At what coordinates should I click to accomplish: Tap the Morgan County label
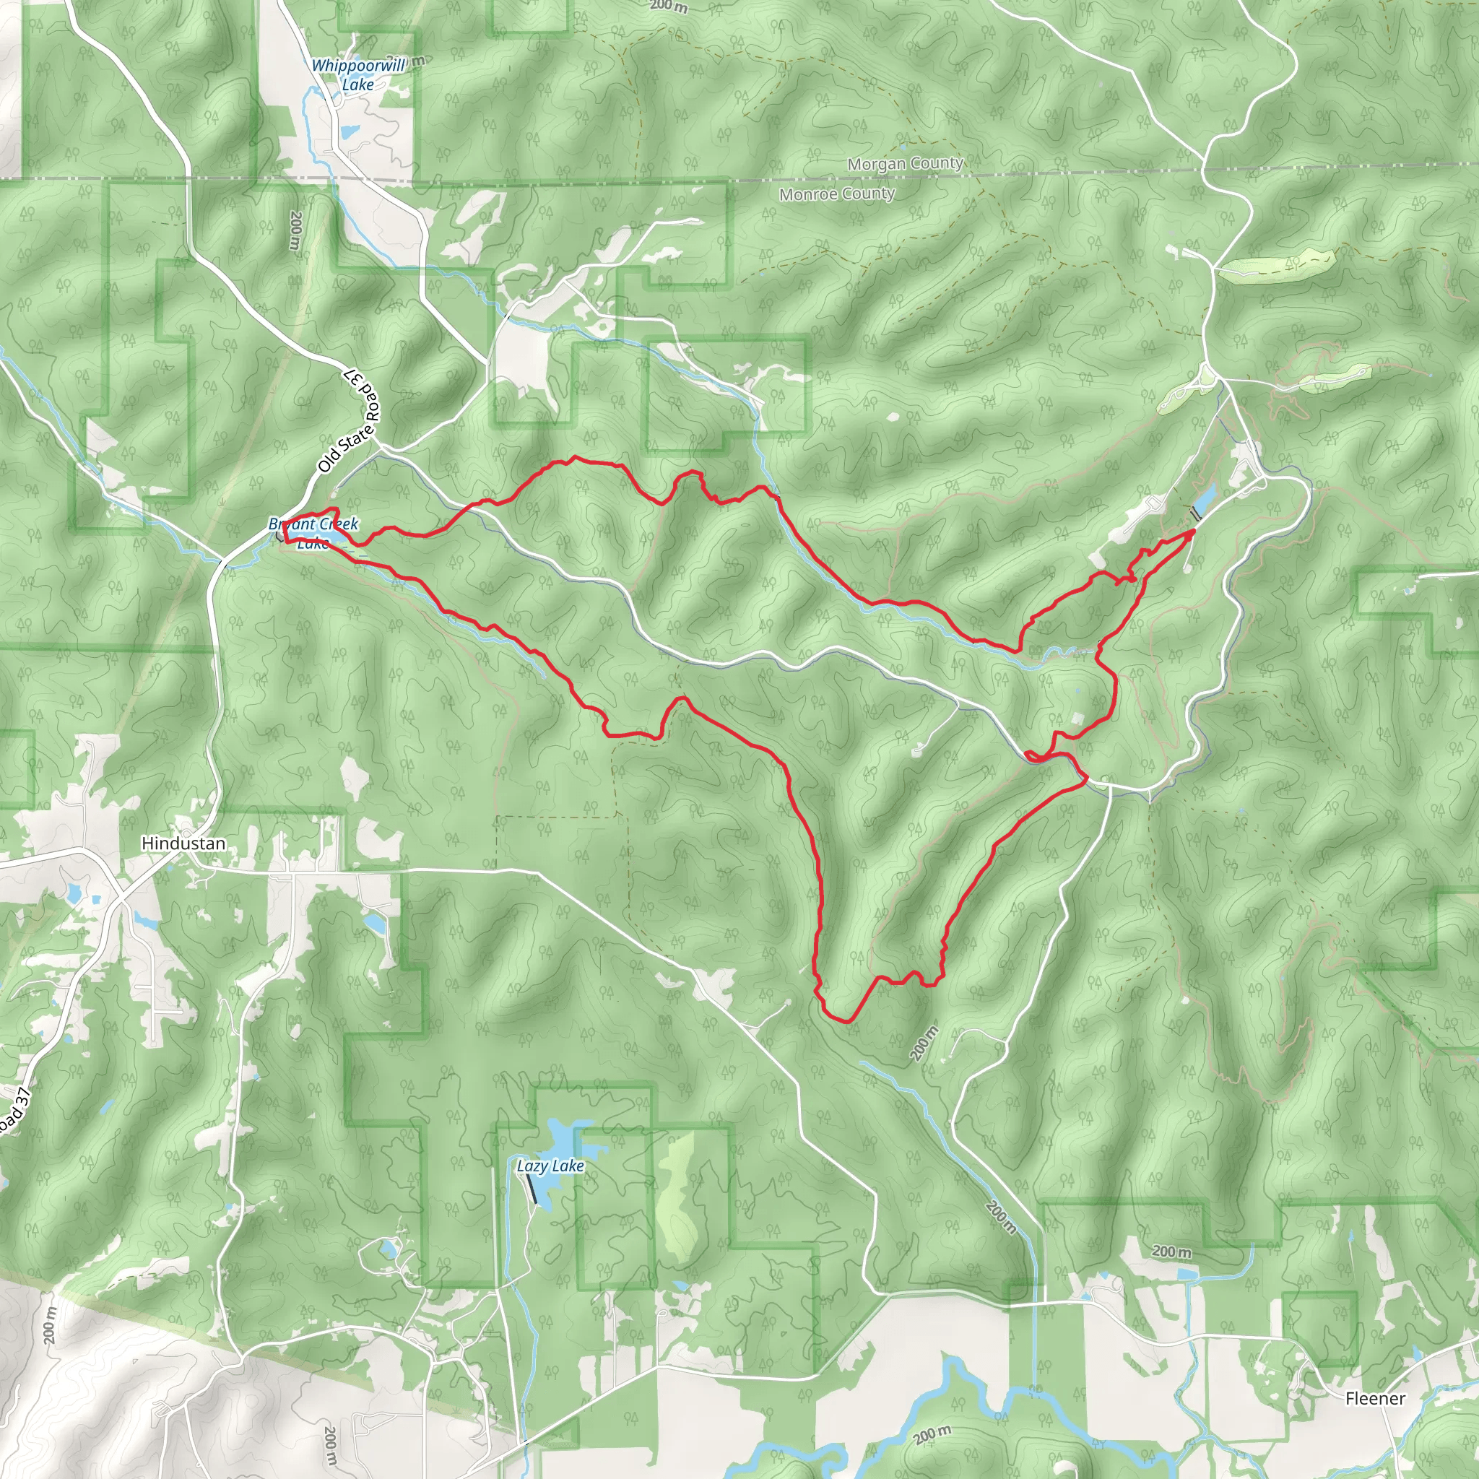(x=905, y=164)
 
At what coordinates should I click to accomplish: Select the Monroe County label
(x=837, y=194)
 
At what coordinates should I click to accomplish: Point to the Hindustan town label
(x=183, y=843)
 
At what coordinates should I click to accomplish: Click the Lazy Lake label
(x=550, y=1166)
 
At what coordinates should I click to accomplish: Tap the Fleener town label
(x=1375, y=1399)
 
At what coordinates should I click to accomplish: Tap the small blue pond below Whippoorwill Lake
(x=348, y=131)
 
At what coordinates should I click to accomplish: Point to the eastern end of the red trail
(x=1194, y=531)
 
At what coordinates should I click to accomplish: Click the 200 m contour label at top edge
(x=668, y=6)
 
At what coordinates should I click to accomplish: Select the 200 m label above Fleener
(x=1171, y=1252)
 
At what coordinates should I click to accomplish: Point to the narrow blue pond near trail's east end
(x=1203, y=500)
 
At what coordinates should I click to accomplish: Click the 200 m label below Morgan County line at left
(x=296, y=230)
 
